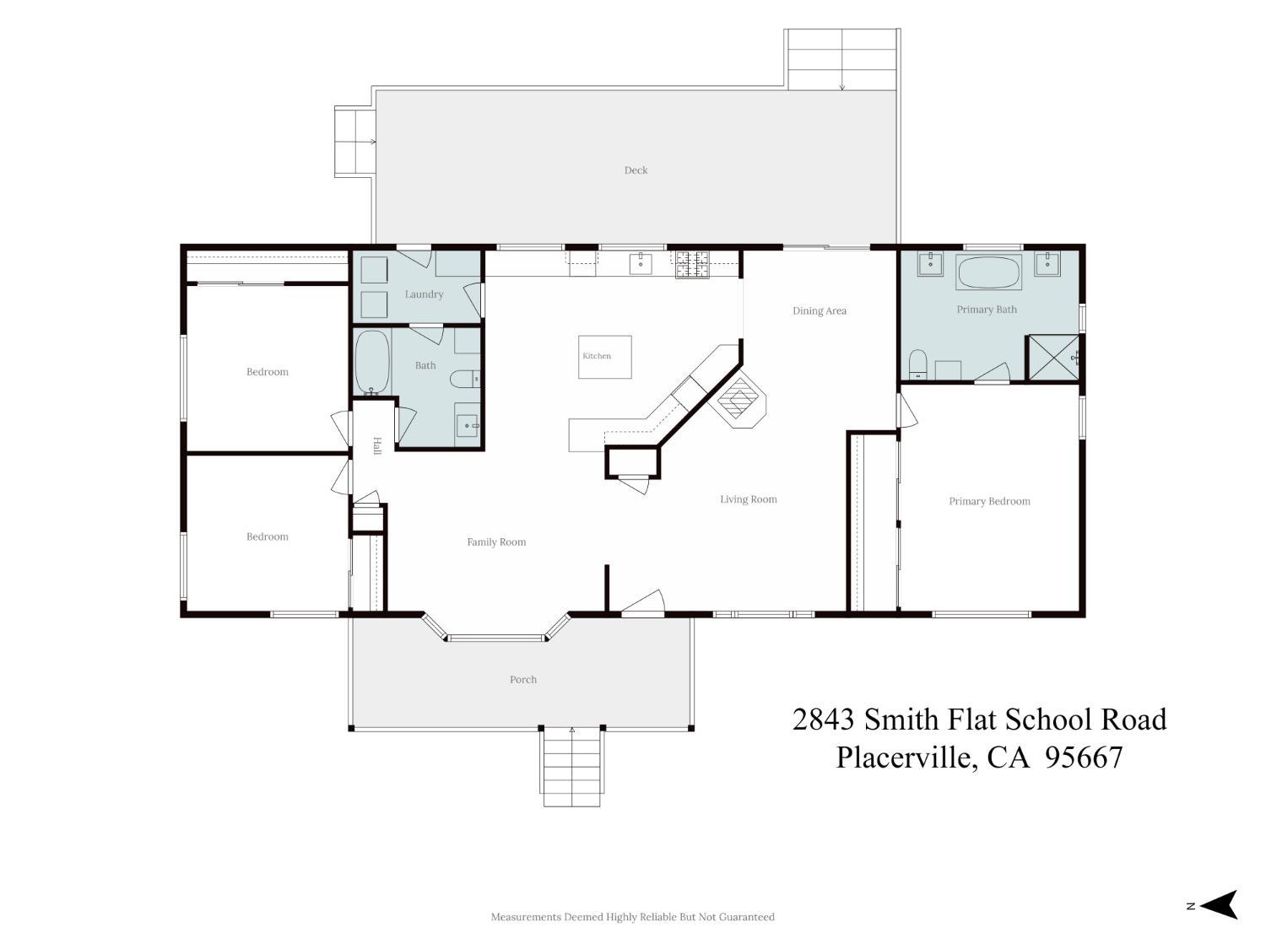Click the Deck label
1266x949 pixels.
[x=636, y=170]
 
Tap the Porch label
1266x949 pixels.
[x=523, y=679]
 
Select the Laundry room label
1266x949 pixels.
[x=424, y=294]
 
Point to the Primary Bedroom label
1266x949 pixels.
[x=989, y=501]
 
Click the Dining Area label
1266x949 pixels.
[x=819, y=311]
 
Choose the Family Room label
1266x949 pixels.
[x=496, y=542]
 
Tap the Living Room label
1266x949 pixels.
[x=748, y=499]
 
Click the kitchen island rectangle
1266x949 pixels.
[x=605, y=357]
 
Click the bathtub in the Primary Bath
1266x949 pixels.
[x=988, y=272]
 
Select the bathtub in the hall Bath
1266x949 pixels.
[x=372, y=363]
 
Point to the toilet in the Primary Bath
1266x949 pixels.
[x=917, y=364]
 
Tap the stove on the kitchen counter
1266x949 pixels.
[x=692, y=265]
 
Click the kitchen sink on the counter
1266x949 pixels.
[x=641, y=263]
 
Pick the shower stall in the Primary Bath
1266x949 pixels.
[x=1054, y=357]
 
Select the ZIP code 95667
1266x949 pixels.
[x=1084, y=758]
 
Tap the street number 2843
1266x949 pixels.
[x=823, y=720]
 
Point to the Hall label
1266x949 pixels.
[x=377, y=445]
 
